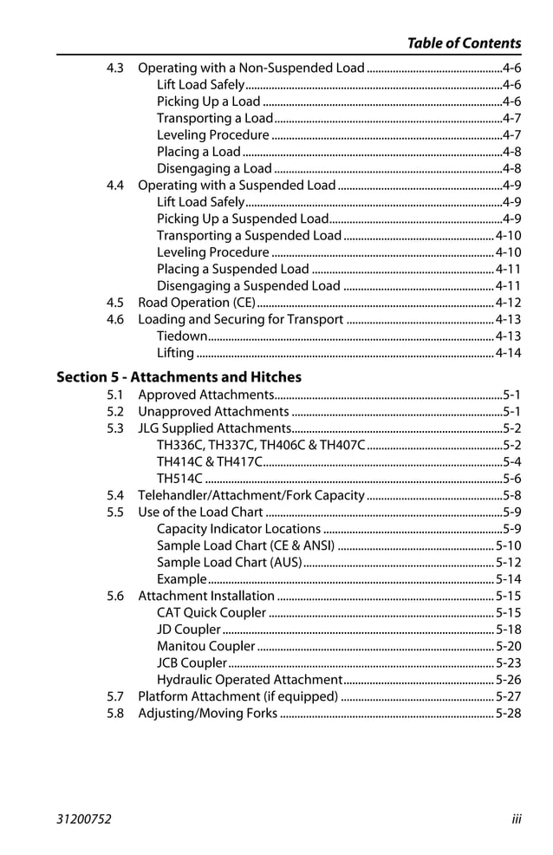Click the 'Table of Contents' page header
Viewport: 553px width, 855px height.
pos(464,42)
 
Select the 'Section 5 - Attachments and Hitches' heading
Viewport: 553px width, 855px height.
pos(179,377)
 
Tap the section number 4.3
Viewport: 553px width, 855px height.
pos(115,68)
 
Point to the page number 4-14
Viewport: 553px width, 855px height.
pos(508,353)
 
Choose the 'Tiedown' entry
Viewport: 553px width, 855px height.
pos(182,336)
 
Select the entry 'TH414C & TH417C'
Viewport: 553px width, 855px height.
pos(209,461)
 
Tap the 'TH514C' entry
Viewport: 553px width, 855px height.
pos(179,479)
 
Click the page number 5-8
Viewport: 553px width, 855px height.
pos(511,495)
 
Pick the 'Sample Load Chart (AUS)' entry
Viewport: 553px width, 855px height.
pos(229,563)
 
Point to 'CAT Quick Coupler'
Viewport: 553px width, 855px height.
pos(211,613)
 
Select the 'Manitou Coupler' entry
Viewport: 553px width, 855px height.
pos(206,646)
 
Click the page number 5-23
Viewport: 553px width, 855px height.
pos(508,663)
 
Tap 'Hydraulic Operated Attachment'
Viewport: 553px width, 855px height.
pos(250,680)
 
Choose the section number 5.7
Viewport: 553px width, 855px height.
pos(115,696)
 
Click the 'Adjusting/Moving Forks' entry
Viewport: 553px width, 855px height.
pos(208,714)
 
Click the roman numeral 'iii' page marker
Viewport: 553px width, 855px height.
pos(516,819)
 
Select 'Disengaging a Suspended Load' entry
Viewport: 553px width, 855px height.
pos(249,286)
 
